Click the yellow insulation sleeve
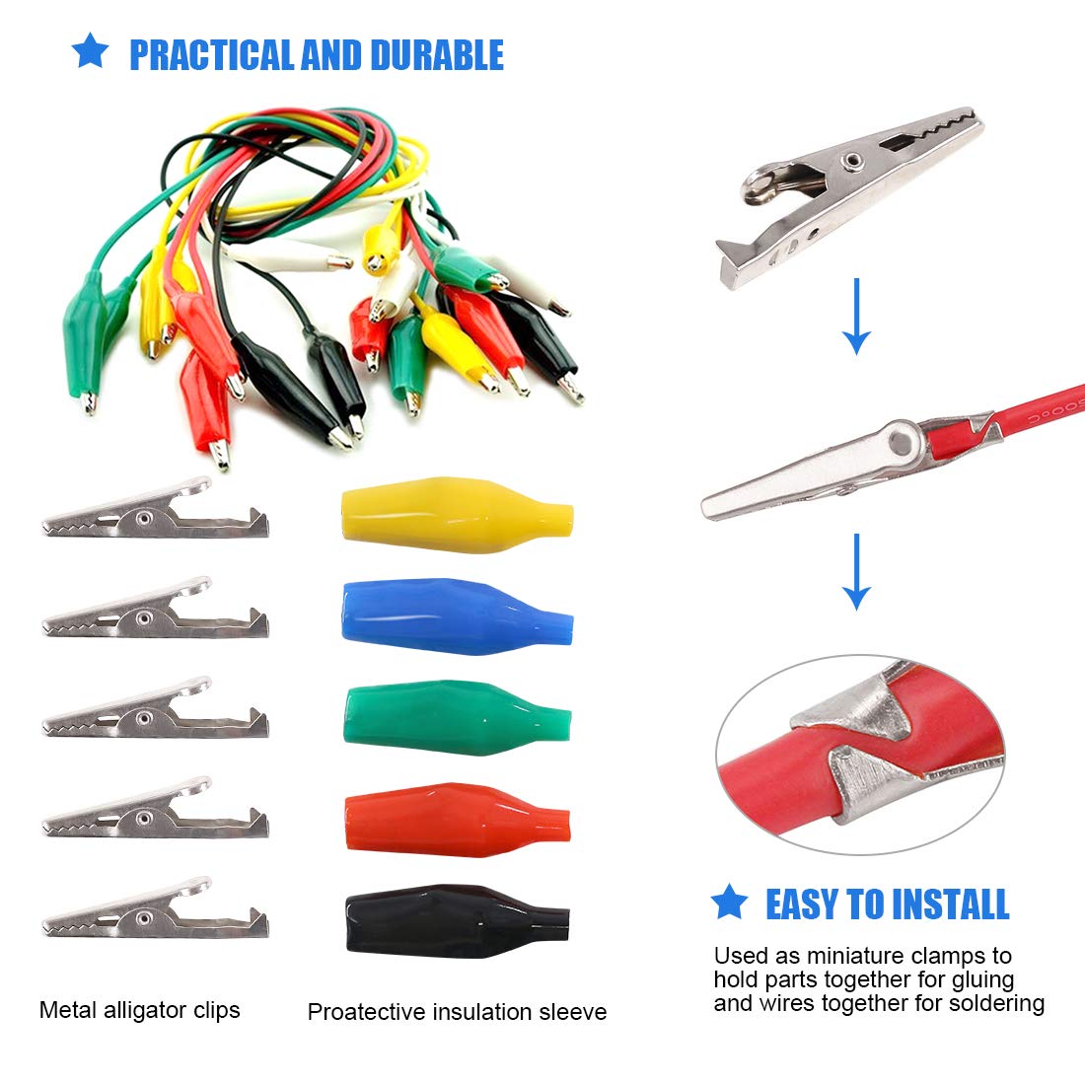pyautogui.click(x=457, y=515)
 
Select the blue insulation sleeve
pyautogui.click(x=457, y=616)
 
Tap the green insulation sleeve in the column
pyautogui.click(x=457, y=717)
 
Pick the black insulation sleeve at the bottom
pyautogui.click(x=457, y=921)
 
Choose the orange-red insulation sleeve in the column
pyautogui.click(x=457, y=820)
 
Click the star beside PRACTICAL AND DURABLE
pyautogui.click(x=90, y=50)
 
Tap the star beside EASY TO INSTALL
pyautogui.click(x=729, y=901)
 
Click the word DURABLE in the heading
pyautogui.click(x=437, y=56)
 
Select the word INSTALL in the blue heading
pyautogui.click(x=949, y=904)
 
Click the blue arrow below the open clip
pyautogui.click(x=856, y=317)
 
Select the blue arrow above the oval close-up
pyautogui.click(x=856, y=571)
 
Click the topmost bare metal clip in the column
pyautogui.click(x=155, y=511)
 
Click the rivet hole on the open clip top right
pyautogui.click(x=850, y=162)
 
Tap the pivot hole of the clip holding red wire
pyautogui.click(x=901, y=441)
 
